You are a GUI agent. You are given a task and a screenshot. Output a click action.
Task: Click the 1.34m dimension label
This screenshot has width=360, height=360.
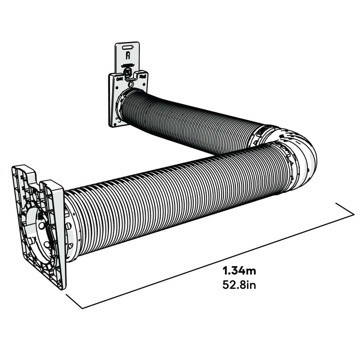coord(239,271)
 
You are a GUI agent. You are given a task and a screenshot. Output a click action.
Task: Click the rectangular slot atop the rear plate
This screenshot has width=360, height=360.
coord(127,47)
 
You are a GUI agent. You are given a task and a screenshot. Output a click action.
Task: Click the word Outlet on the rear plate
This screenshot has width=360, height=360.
coord(119,79)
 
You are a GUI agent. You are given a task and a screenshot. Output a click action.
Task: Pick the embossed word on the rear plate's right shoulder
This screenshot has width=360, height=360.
coord(143,76)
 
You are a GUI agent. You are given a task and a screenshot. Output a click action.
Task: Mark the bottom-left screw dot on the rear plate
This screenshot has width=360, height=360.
coord(117,118)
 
